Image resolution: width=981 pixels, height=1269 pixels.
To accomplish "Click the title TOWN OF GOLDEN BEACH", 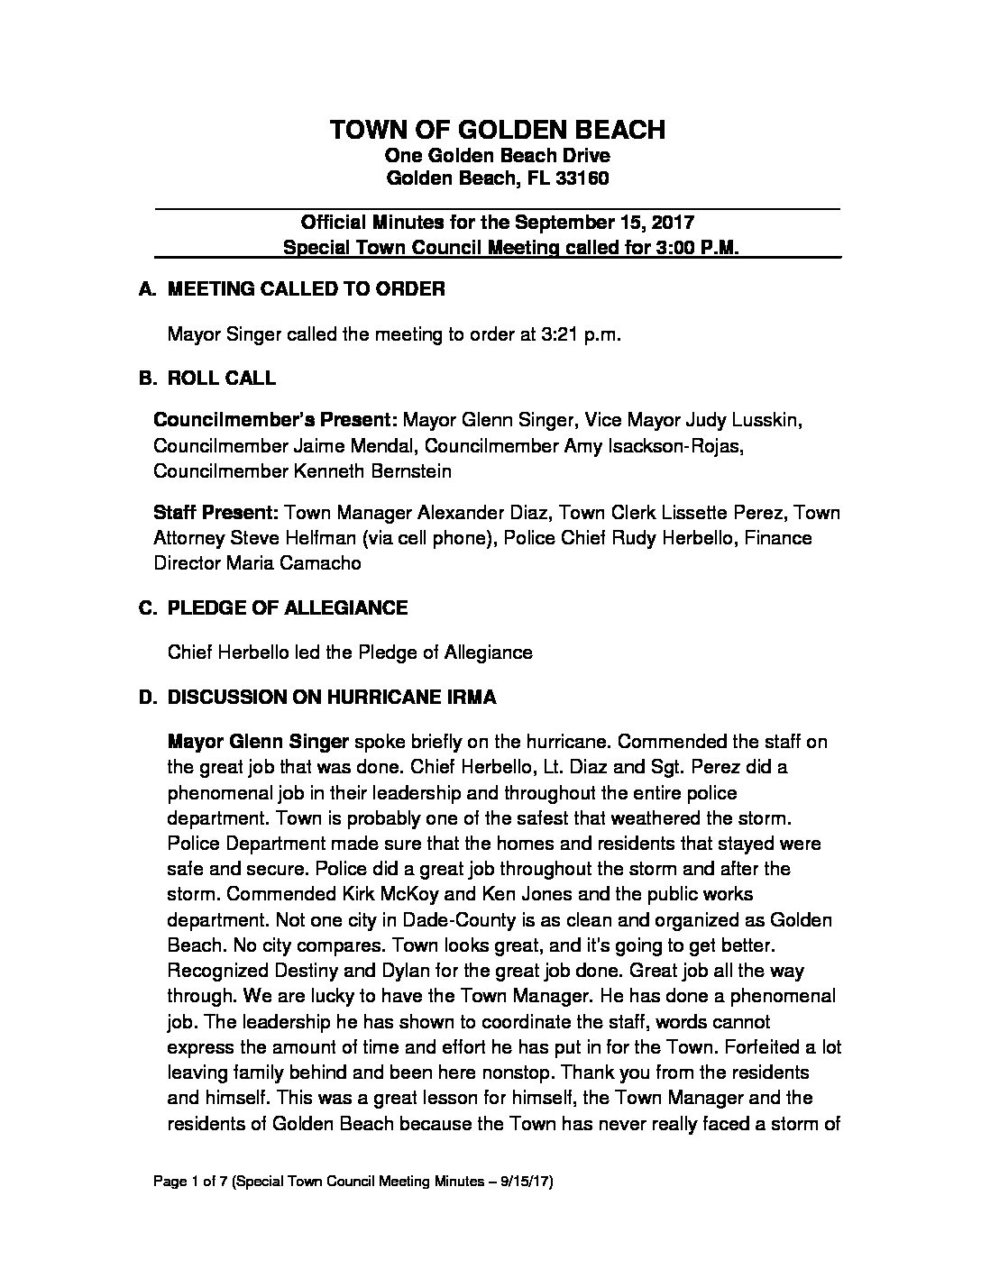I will click(498, 130).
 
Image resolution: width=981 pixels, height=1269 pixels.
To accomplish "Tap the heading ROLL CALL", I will click(221, 379).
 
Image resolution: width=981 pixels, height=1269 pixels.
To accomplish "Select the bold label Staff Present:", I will click(215, 513).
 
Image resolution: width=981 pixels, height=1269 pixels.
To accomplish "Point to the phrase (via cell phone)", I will click(430, 538).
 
